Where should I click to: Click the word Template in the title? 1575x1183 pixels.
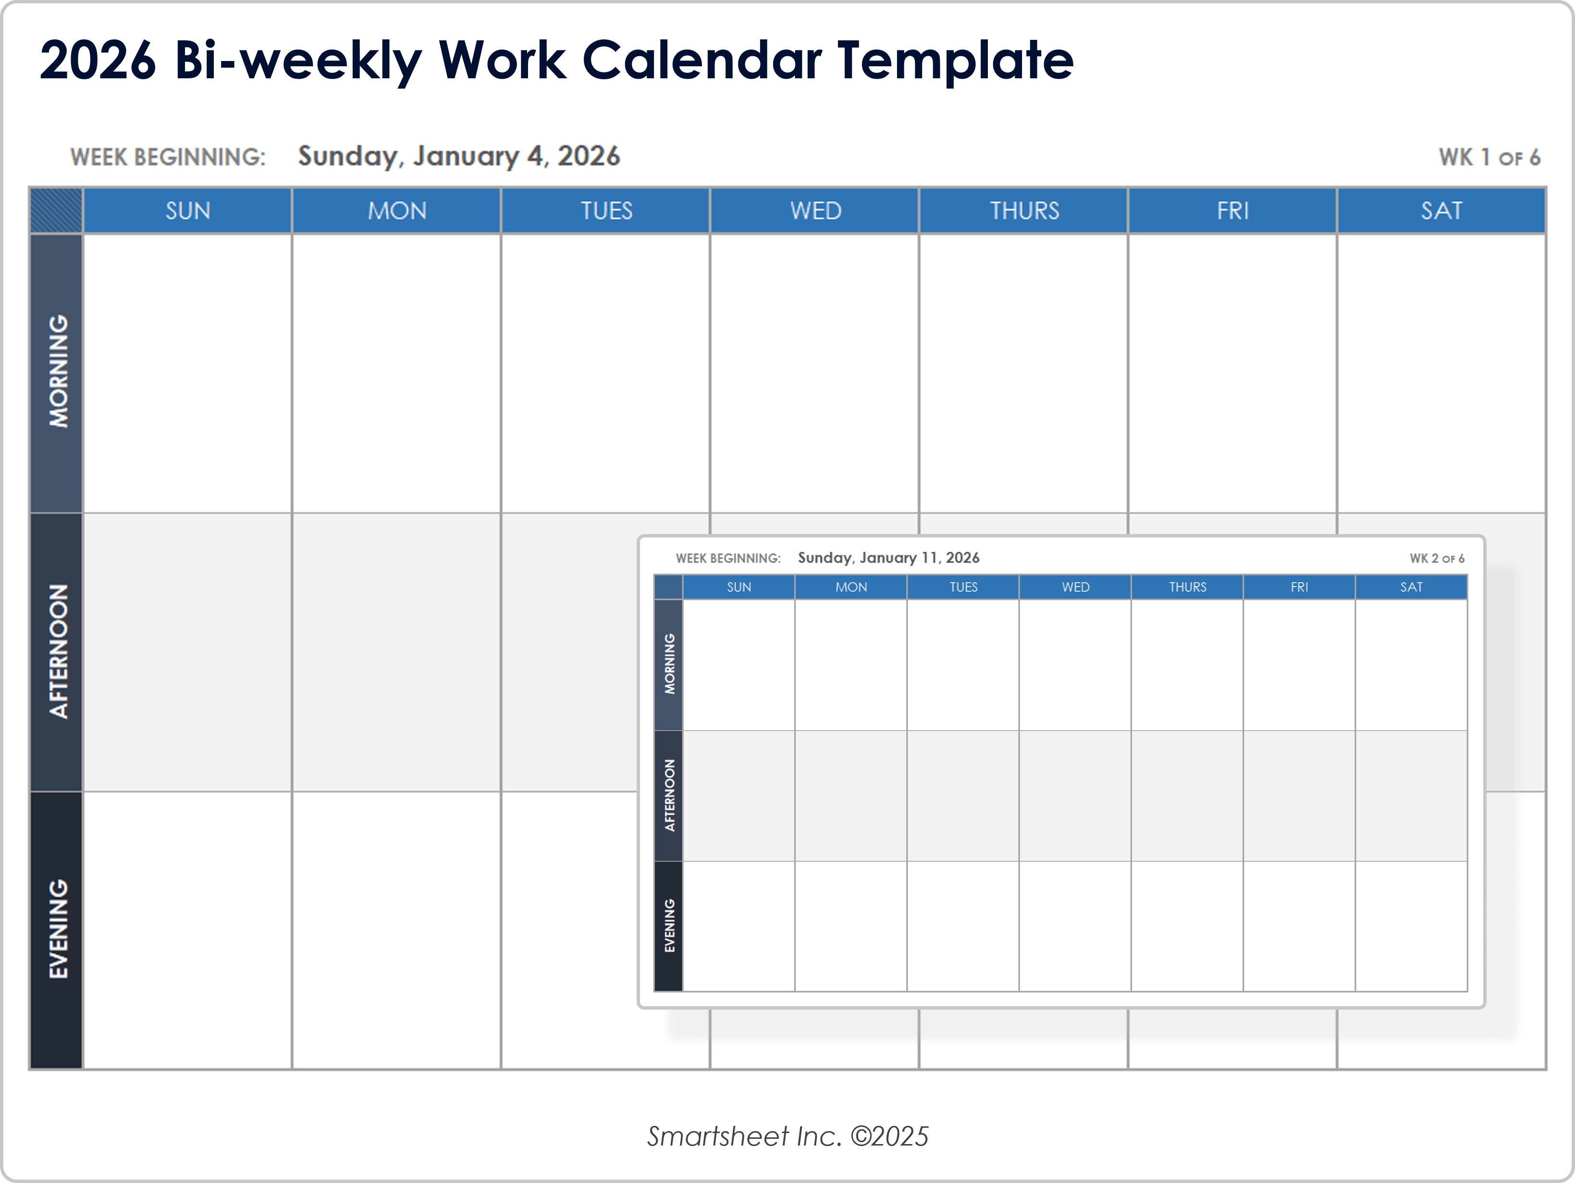point(954,61)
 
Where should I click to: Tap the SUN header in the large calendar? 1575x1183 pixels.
point(187,211)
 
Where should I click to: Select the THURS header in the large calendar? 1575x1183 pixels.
point(1024,211)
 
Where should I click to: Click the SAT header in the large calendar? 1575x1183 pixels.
point(1441,211)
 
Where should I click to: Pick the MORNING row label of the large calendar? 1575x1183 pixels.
point(57,372)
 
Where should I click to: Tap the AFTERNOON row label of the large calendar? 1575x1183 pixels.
point(57,651)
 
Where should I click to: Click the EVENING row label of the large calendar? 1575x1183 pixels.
point(57,929)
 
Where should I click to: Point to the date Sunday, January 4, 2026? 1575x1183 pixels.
point(458,157)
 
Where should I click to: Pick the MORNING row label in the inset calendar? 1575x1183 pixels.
point(669,664)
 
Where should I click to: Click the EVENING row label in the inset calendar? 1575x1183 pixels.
point(669,926)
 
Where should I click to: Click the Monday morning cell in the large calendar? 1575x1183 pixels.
point(396,373)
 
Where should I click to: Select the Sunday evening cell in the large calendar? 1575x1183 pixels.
point(187,929)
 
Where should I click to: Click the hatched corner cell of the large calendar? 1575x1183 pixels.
point(56,211)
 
